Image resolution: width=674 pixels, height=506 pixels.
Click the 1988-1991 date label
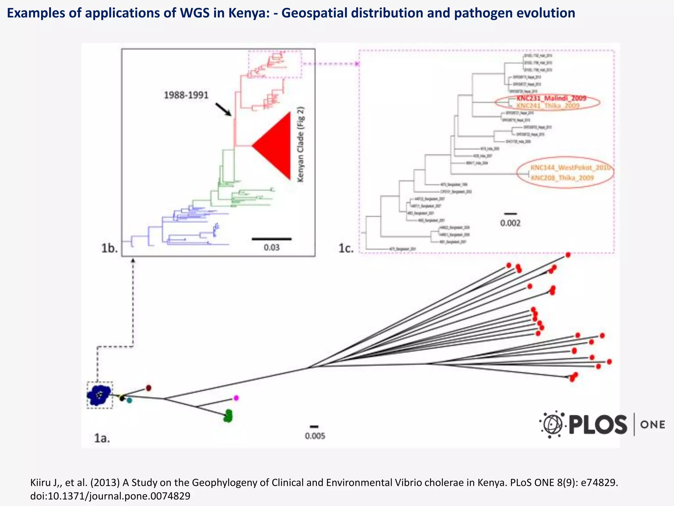[186, 96]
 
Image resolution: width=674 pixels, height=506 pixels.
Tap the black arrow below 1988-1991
[223, 109]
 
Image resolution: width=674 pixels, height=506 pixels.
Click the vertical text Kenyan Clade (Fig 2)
[301, 144]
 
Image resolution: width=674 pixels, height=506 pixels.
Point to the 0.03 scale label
[272, 247]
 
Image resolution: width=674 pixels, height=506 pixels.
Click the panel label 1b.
[109, 248]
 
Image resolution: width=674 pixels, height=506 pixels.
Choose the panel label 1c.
[346, 248]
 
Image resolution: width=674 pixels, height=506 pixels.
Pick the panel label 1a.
[102, 438]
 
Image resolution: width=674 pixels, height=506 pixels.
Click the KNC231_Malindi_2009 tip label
[551, 98]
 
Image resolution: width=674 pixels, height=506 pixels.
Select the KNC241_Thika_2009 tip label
[548, 106]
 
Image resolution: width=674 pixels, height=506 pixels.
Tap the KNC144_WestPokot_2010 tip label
[570, 168]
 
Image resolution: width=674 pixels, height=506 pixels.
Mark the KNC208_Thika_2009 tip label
[562, 178]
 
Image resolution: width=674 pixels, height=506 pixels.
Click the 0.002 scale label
[510, 223]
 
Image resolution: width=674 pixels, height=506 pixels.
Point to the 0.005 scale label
[315, 436]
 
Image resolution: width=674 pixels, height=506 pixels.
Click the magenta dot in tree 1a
[236, 398]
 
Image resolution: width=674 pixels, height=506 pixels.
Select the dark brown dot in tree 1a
[148, 388]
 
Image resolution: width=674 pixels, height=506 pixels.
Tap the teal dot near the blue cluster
[129, 400]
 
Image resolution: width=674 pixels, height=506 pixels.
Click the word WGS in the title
[195, 13]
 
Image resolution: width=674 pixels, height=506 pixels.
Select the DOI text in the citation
[110, 496]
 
